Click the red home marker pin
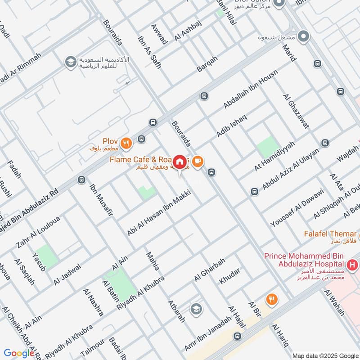(180, 161)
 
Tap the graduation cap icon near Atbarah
(196, 309)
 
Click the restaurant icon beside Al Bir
(271, 299)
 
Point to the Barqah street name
(207, 64)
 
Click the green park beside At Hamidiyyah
(268, 147)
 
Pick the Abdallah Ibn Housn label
(251, 89)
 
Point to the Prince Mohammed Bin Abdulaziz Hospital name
(304, 260)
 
